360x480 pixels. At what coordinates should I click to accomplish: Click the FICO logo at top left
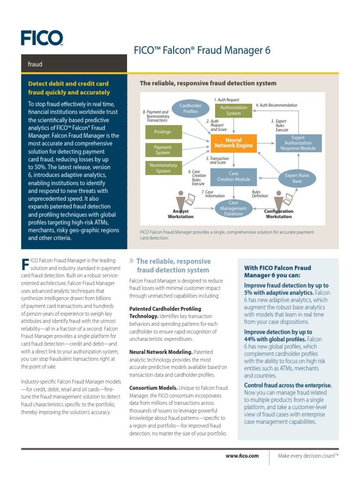coord(41,37)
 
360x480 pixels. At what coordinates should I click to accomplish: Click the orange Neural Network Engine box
coord(233,143)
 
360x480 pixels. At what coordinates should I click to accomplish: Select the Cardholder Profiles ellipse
coord(190,109)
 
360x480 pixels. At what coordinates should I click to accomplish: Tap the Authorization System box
coord(233,110)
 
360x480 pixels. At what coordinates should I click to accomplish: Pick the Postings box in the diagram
coord(162,132)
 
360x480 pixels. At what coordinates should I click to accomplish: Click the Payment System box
coord(163,150)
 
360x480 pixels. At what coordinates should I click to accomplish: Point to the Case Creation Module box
coord(233,176)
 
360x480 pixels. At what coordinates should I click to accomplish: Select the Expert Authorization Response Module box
coord(298,143)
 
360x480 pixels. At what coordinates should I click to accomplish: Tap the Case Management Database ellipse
coord(233,208)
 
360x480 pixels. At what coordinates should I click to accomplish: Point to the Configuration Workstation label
coord(279,214)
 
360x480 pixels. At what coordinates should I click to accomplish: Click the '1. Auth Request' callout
coord(226,100)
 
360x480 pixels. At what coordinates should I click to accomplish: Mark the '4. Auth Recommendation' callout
coord(276,105)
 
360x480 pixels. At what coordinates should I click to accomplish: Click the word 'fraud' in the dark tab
coord(35,64)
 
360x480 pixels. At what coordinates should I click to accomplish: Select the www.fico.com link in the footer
coord(242,456)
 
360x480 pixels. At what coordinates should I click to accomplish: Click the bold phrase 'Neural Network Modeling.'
coord(160,352)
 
